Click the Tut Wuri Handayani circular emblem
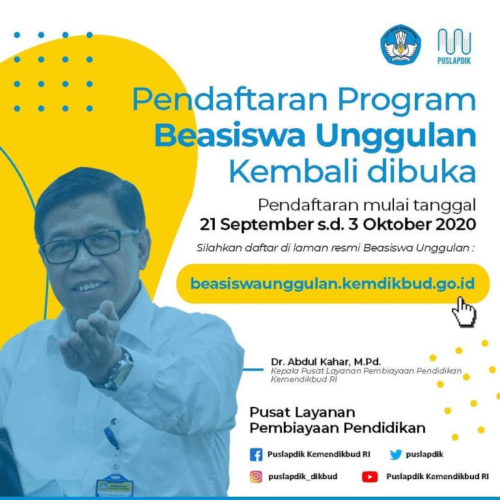tap(400, 45)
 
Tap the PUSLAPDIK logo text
tap(454, 61)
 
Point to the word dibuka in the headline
tap(422, 171)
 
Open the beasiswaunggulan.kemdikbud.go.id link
tap(333, 283)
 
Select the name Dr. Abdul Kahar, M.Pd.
tap(326, 362)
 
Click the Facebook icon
tap(256, 454)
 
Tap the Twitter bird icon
tap(396, 454)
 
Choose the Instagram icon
tap(256, 477)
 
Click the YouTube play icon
tap(370, 477)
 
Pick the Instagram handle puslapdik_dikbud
tap(303, 477)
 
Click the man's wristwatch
tap(120, 370)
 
